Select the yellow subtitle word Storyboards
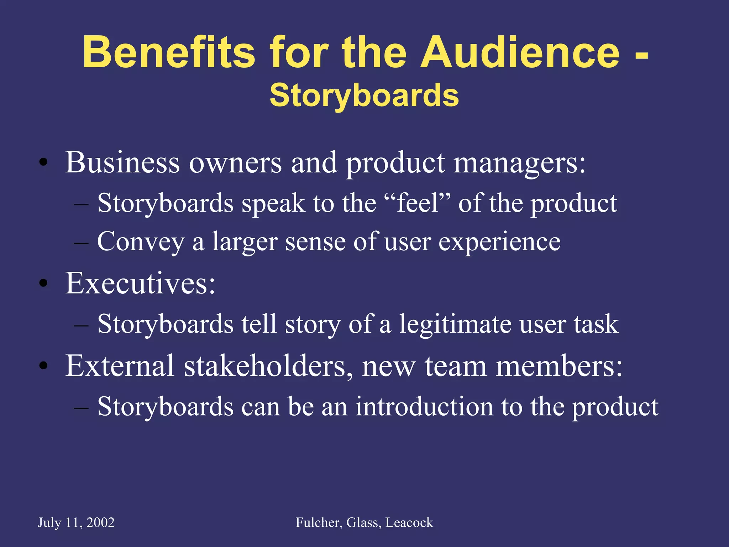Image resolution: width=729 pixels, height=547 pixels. [x=364, y=95]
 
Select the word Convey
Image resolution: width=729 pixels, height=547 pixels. [x=141, y=242]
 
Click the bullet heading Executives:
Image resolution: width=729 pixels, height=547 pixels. [x=140, y=283]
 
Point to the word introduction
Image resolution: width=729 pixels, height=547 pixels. [x=424, y=406]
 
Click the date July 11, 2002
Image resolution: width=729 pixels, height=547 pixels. [x=76, y=522]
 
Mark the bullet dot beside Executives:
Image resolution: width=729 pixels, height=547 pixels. [x=43, y=284]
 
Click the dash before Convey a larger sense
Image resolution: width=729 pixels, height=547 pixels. [x=81, y=243]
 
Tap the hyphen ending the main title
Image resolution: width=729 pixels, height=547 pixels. [x=641, y=57]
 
